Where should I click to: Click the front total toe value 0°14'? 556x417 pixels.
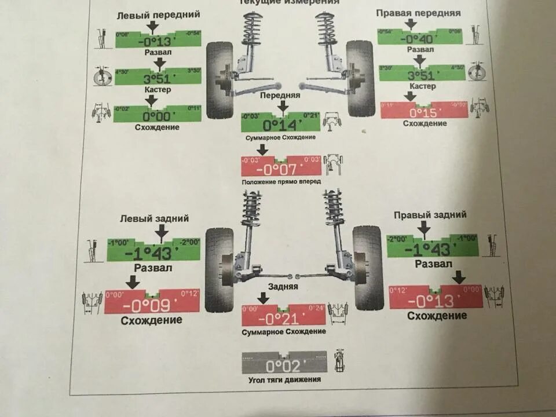point(280,125)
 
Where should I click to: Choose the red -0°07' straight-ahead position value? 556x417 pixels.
point(280,169)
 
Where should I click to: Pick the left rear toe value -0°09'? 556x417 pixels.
point(152,305)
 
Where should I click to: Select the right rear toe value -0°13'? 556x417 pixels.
point(436,301)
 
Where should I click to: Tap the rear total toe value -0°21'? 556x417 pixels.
point(283,318)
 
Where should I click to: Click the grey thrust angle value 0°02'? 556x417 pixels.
point(284,365)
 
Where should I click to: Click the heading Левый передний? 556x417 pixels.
point(158,14)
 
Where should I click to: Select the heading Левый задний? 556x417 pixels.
point(155,218)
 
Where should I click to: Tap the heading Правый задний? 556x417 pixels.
point(430,215)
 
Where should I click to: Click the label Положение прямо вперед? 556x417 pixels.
point(281,181)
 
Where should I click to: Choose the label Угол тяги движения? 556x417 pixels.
point(283,380)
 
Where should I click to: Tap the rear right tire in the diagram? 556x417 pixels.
point(368,268)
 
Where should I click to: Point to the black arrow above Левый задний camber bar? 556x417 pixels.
point(162,231)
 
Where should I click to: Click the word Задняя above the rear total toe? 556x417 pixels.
point(283,286)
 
